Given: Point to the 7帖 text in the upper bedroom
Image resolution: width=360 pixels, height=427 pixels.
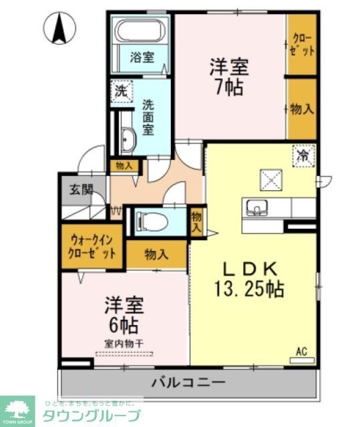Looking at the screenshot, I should (x=229, y=87).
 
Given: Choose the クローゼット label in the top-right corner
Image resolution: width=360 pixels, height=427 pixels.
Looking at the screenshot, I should (x=302, y=44).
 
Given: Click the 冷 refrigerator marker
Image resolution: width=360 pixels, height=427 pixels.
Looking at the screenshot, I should (x=303, y=156).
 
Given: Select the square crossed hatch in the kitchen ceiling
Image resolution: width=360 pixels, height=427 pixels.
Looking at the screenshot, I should (x=272, y=178).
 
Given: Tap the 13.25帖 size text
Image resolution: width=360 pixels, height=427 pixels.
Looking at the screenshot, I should (x=249, y=289).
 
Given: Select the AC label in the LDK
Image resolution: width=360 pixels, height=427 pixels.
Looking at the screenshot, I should (x=301, y=352).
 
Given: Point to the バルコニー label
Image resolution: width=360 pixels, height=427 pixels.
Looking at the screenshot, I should (x=188, y=383).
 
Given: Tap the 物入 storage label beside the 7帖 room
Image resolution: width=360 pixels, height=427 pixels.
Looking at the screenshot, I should (x=302, y=109).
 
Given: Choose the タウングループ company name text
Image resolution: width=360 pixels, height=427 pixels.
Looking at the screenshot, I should (x=92, y=415).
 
